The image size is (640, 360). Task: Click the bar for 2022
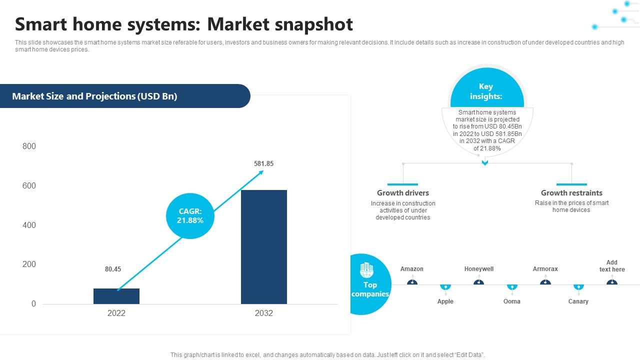coord(116,296)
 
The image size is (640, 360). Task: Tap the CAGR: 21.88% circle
coord(190,216)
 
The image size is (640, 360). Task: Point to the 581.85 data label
coord(263,163)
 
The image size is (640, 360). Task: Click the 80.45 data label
coord(113,269)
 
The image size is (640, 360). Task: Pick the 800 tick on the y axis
coord(29,146)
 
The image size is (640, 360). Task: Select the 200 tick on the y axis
coord(29,264)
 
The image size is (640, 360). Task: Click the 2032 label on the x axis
coord(264,313)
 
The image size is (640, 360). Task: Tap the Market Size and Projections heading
coord(94,96)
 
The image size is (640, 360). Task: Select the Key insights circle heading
coord(485,91)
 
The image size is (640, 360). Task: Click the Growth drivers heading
coord(403,193)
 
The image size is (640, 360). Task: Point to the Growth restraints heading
coord(571,193)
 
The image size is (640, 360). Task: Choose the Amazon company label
coord(412,269)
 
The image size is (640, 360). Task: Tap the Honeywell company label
coord(479,269)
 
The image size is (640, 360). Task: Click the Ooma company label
coord(512,301)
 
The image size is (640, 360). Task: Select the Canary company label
coord(578,301)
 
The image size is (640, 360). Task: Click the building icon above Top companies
coord(366,270)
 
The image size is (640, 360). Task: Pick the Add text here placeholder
coord(612,266)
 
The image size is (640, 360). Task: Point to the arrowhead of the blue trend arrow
coord(261,172)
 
